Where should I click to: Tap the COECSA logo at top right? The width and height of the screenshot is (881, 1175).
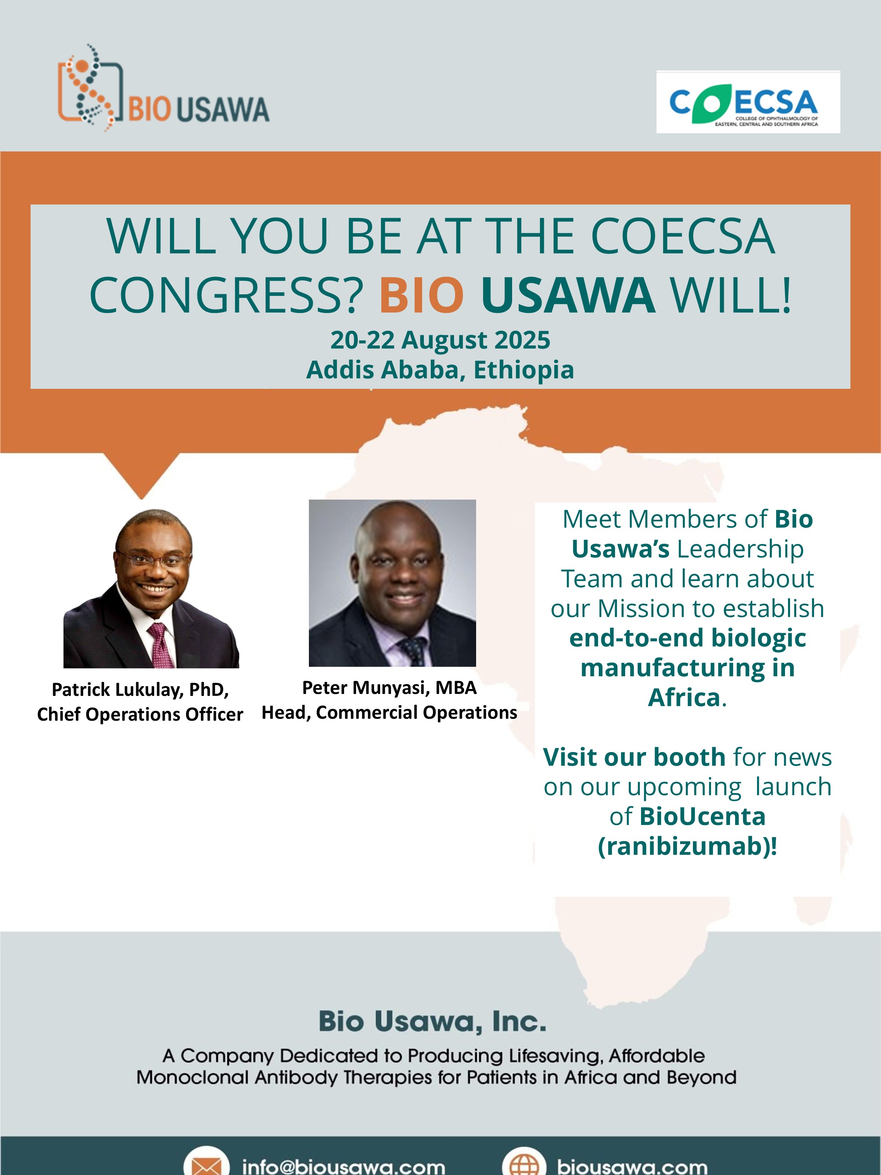(x=748, y=102)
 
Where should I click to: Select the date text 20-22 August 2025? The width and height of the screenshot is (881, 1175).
(x=440, y=340)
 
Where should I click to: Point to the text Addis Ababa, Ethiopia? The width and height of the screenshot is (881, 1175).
(x=440, y=370)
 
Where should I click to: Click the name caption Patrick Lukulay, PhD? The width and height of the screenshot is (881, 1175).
(x=140, y=689)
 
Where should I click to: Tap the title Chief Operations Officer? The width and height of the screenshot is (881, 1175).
(x=140, y=714)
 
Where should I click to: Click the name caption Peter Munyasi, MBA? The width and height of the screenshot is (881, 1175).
(x=389, y=687)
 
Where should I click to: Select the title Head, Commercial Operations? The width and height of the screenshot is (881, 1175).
(x=389, y=712)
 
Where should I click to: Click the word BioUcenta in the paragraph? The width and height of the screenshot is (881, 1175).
(x=703, y=816)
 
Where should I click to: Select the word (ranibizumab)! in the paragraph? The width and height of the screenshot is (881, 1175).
(x=688, y=846)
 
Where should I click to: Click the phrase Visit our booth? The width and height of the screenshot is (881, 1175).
(x=634, y=757)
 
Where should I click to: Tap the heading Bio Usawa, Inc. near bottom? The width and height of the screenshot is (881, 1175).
(x=432, y=1021)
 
